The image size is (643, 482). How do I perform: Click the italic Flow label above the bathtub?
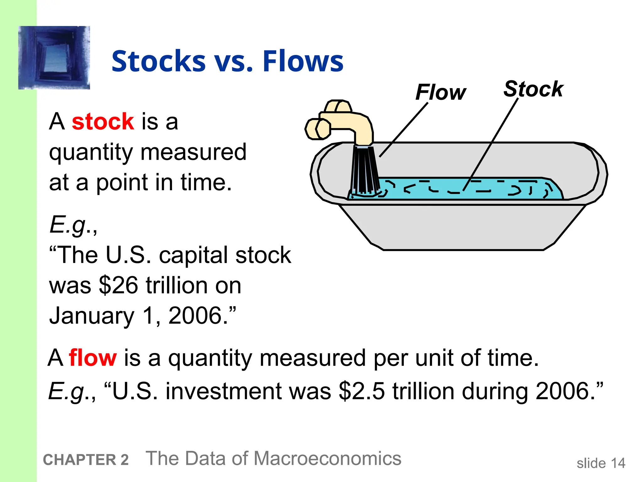pyautogui.click(x=440, y=92)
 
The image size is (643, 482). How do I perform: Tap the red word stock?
pyautogui.click(x=103, y=121)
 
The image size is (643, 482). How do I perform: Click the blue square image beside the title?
pyautogui.click(x=54, y=58)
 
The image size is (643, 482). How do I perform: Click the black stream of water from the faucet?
pyautogui.click(x=364, y=169)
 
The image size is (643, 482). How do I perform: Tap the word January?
pyautogui.click(x=92, y=315)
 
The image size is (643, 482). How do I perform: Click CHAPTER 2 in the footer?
pyautogui.click(x=86, y=460)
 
